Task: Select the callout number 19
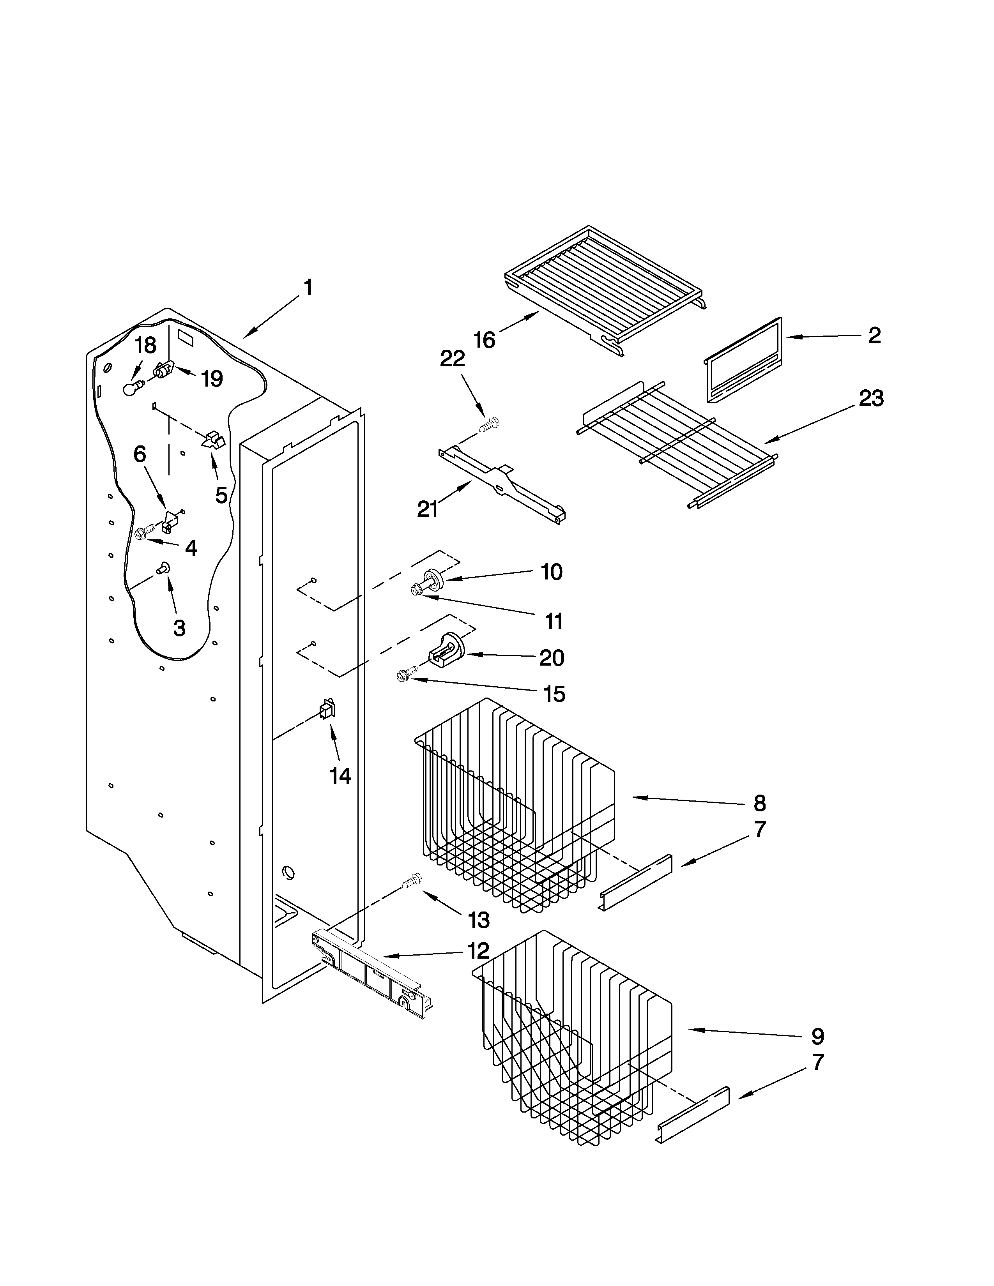click(x=211, y=379)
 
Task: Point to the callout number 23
click(x=870, y=399)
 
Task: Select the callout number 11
click(x=554, y=621)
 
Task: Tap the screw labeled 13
click(x=412, y=897)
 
